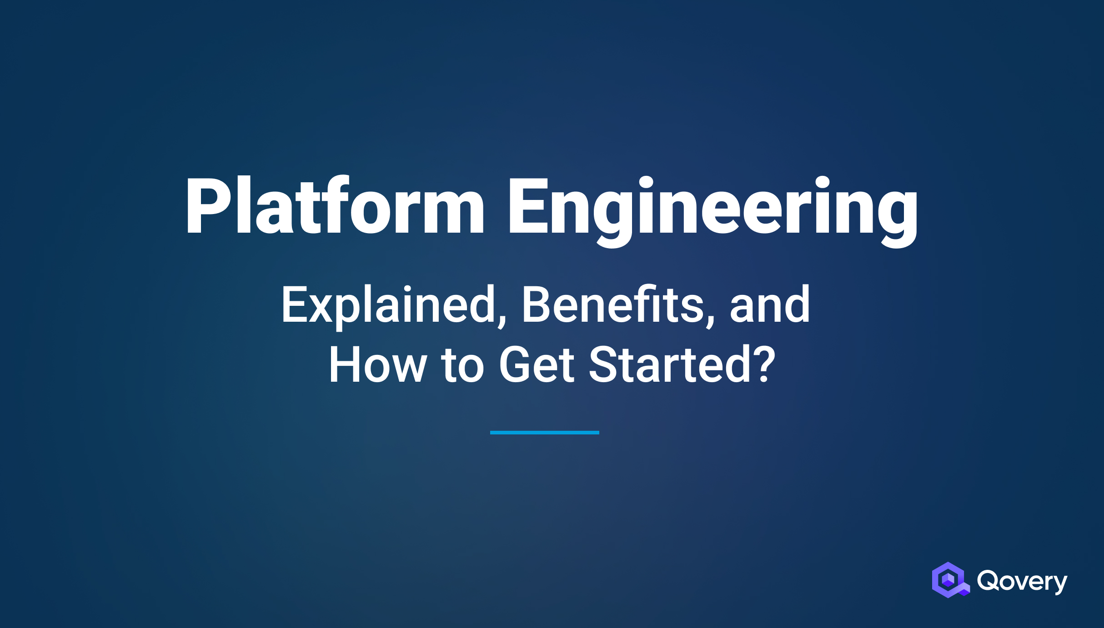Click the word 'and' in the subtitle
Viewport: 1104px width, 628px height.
point(770,304)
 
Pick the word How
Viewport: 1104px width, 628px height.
point(377,365)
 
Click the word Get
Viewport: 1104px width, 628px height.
point(537,365)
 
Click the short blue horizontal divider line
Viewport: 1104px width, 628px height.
point(544,433)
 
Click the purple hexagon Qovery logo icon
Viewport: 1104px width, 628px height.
point(949,580)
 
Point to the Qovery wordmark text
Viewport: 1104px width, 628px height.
point(1022,581)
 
